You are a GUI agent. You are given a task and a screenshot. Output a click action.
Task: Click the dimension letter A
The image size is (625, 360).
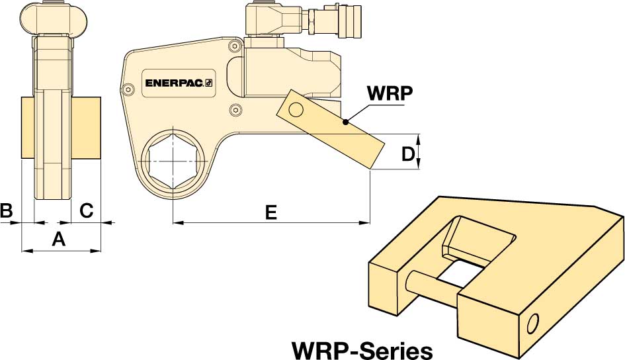pos(59,240)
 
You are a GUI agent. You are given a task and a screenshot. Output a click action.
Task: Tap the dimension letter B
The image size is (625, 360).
pos(7,210)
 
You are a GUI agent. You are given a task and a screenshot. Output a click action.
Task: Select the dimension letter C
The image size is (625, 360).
pos(87,210)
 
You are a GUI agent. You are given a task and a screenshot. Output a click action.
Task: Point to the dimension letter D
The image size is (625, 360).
pos(408,154)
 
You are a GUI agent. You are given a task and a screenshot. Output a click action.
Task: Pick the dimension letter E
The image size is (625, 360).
pos(270,212)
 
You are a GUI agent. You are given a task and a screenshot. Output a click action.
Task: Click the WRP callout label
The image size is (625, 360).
pos(390,93)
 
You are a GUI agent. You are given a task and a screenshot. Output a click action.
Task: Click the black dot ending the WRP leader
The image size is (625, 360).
pos(345,122)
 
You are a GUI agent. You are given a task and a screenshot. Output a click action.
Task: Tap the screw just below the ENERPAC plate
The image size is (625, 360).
pos(232,110)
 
